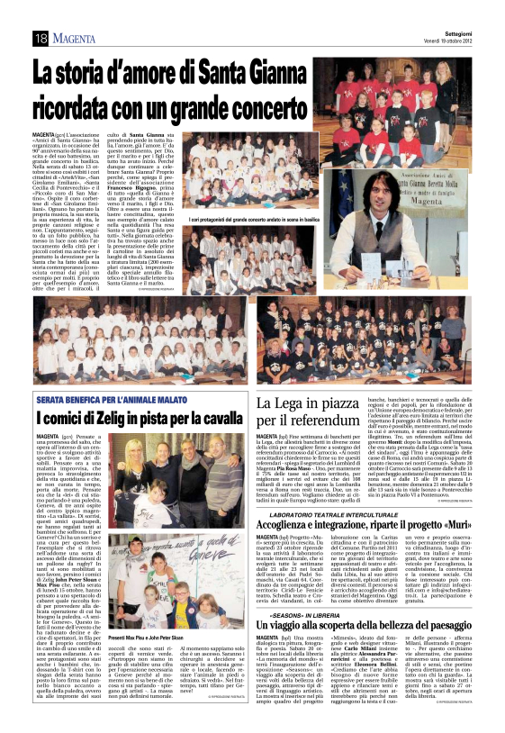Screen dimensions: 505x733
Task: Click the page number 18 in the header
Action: pyautogui.click(x=41, y=38)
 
